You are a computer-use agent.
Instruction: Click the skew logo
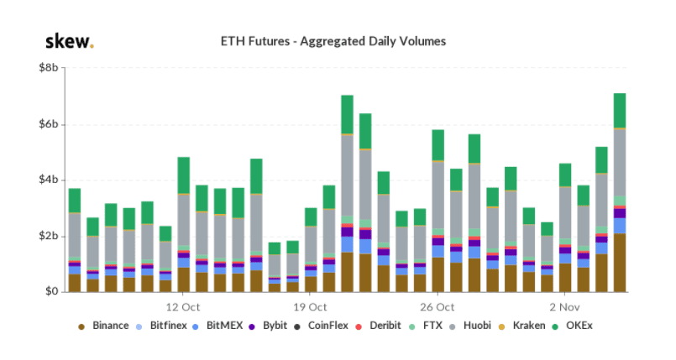[70, 41]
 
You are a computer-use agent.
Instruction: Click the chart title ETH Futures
[333, 41]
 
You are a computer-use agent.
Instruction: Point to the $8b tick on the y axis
[49, 68]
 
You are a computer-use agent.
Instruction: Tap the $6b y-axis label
[49, 124]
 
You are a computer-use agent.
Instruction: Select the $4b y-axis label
[49, 180]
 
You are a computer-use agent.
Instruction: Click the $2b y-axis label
[49, 237]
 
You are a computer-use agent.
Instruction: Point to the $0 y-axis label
[51, 291]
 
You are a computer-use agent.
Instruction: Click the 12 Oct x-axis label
[183, 307]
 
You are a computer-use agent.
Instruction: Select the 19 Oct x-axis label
[310, 307]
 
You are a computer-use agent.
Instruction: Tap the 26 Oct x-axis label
[438, 307]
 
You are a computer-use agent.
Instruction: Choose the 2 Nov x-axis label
[564, 307]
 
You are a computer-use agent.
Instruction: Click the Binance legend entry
[103, 326]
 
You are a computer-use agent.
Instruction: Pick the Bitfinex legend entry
[161, 326]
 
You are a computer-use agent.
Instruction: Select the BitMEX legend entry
[217, 326]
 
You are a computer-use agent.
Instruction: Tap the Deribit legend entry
[378, 326]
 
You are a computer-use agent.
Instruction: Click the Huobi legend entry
[470, 326]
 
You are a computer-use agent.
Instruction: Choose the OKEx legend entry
[573, 326]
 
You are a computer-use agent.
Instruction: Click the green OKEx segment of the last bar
[620, 111]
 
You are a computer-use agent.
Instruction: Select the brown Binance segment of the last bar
[620, 263]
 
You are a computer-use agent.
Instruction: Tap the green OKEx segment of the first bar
[75, 201]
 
